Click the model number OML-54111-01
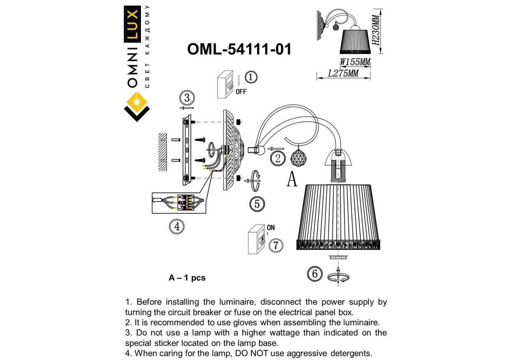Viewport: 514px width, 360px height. pyautogui.click(x=239, y=49)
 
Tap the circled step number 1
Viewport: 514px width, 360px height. pyautogui.click(x=251, y=77)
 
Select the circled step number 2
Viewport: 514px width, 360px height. pyautogui.click(x=278, y=158)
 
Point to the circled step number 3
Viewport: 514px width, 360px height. pyautogui.click(x=187, y=98)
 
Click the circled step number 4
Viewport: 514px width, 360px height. pyautogui.click(x=177, y=226)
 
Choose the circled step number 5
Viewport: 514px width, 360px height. pyautogui.click(x=257, y=204)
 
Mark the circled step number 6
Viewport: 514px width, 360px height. pyautogui.click(x=315, y=274)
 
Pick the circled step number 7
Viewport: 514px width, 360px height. pyautogui.click(x=276, y=245)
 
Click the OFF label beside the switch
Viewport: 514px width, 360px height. pyautogui.click(x=241, y=92)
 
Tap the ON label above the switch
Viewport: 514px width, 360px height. pyautogui.click(x=270, y=228)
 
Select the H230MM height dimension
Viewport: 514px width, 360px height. pyautogui.click(x=376, y=30)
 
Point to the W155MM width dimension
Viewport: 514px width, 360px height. pyautogui.click(x=355, y=62)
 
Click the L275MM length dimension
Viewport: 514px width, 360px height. pyautogui.click(x=343, y=73)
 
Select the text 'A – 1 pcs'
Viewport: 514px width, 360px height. pyautogui.click(x=187, y=278)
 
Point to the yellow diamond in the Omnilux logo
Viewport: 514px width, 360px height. pyautogui.click(x=137, y=102)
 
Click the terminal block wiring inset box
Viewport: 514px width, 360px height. pyautogui.click(x=179, y=203)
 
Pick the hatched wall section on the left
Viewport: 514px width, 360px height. pyautogui.click(x=163, y=152)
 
